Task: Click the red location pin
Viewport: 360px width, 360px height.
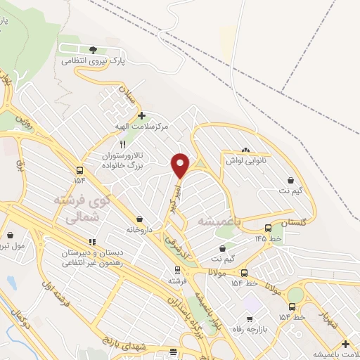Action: pos(181,165)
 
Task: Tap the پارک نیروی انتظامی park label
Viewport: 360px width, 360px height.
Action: pos(92,61)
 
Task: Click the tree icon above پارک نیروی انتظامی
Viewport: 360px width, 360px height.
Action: pos(93,49)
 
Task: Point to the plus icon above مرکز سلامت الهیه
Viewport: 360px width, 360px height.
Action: pos(141,115)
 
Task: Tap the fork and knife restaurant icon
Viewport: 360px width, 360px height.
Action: pos(123,143)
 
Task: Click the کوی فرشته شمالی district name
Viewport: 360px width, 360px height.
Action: pos(83,209)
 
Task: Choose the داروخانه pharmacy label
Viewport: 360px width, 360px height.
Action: pos(139,230)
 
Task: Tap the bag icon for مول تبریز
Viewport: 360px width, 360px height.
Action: pos(10,236)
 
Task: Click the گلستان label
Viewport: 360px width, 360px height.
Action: pos(294,222)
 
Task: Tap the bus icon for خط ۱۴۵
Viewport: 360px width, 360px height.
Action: pos(268,228)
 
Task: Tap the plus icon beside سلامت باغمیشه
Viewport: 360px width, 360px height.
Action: pos(345,344)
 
